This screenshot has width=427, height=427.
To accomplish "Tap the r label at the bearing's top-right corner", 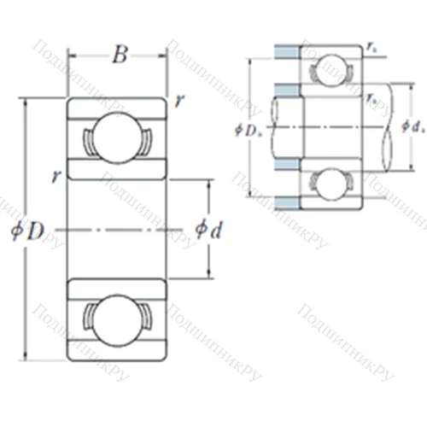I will (x=178, y=101).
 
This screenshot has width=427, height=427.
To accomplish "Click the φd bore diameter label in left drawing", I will (x=208, y=229).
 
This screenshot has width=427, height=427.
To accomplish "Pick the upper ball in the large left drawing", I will (x=118, y=136).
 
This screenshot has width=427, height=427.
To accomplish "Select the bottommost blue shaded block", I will (x=286, y=203).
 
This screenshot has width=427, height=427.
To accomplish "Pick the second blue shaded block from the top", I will (x=286, y=90).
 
